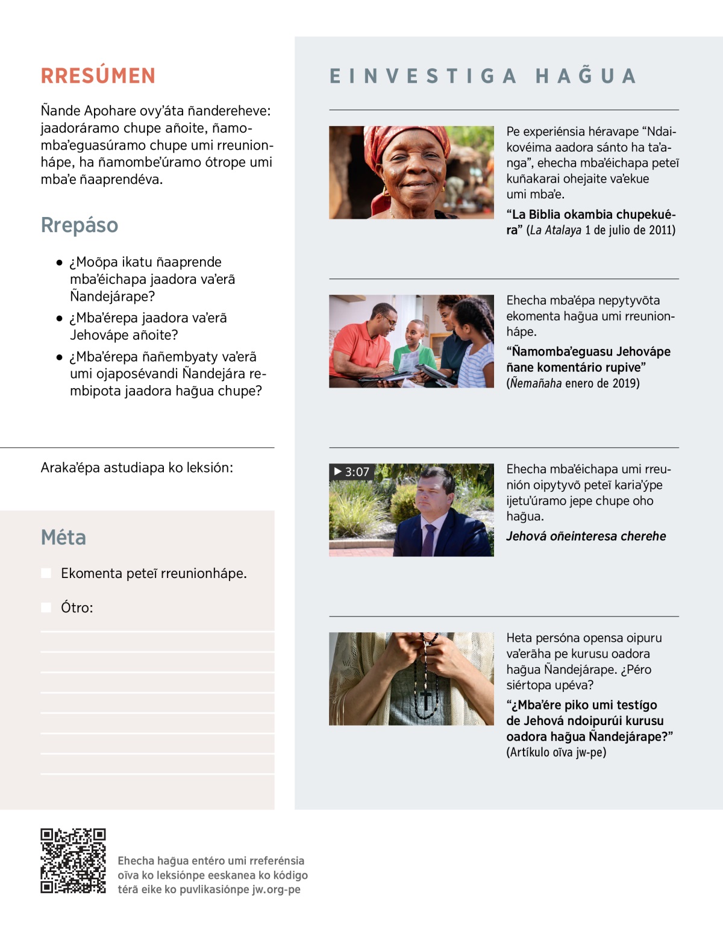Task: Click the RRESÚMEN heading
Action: pyautogui.click(x=98, y=76)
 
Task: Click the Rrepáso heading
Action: pyautogui.click(x=80, y=225)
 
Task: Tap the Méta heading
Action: pyautogui.click(x=63, y=537)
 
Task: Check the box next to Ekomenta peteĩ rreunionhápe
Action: pyautogui.click(x=46, y=573)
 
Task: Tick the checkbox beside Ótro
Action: pyautogui.click(x=46, y=608)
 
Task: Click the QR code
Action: pyautogui.click(x=73, y=861)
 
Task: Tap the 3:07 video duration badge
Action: pyautogui.click(x=352, y=471)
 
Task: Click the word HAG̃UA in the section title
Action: pyautogui.click(x=586, y=76)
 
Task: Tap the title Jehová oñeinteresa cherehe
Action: pyautogui.click(x=586, y=536)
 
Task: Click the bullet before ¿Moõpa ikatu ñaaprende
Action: pyautogui.click(x=59, y=263)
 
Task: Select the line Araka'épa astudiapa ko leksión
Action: pyautogui.click(x=137, y=468)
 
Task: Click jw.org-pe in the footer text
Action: pyautogui.click(x=276, y=890)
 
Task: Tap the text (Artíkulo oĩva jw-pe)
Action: pyautogui.click(x=556, y=752)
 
